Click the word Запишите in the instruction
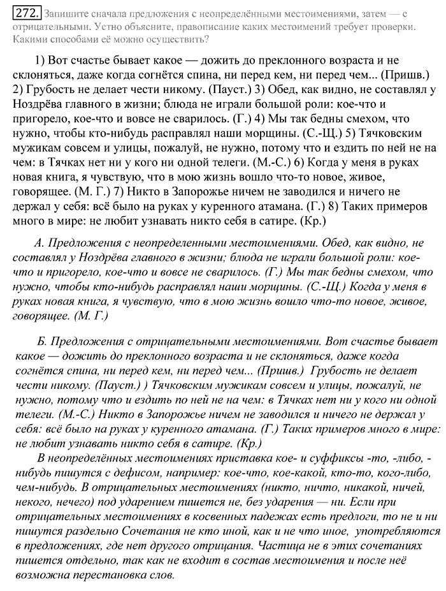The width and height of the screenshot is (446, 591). click(x=66, y=13)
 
